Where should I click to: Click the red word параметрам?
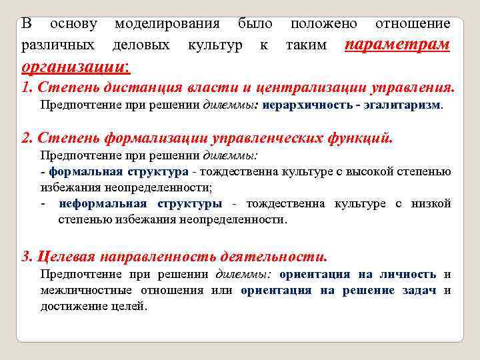coord(397,45)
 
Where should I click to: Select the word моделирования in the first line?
coord(167,24)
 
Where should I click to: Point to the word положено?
coord(324,24)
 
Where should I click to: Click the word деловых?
coord(141,45)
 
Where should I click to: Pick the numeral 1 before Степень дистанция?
coord(25,88)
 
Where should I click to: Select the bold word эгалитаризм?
coord(407,105)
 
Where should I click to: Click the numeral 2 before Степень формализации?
coord(25,138)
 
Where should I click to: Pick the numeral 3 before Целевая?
coord(25,257)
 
